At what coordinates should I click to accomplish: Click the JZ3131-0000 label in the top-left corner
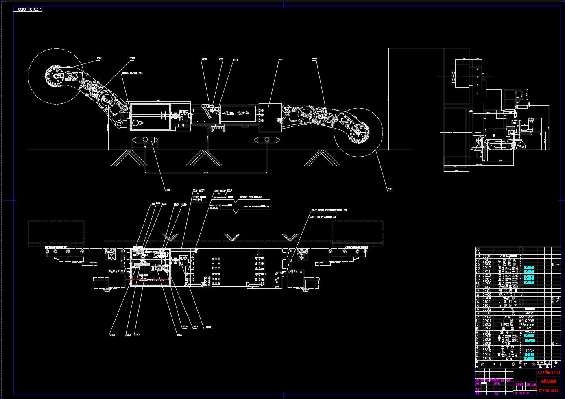(x=29, y=9)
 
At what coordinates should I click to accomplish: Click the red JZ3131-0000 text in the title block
(x=548, y=390)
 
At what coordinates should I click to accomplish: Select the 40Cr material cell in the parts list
(x=530, y=351)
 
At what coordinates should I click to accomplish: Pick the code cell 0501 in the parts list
(x=486, y=260)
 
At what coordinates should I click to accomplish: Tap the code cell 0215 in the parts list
(x=486, y=351)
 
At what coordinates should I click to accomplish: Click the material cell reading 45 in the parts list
(x=529, y=328)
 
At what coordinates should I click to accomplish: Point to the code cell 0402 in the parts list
(x=486, y=287)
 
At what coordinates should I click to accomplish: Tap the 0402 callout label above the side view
(x=204, y=59)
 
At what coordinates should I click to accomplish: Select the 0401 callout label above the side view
(x=221, y=59)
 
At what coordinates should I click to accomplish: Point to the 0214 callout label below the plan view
(x=129, y=334)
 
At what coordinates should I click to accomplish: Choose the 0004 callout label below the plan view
(x=209, y=327)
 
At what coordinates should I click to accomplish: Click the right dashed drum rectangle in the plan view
(x=357, y=233)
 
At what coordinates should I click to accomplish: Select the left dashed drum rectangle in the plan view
(x=56, y=233)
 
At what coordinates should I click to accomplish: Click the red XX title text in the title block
(x=548, y=372)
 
